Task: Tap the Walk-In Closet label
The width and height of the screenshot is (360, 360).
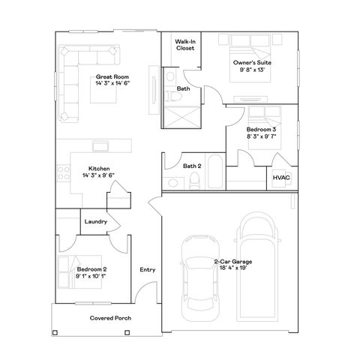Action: [x=185, y=44]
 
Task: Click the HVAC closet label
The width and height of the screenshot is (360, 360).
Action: [x=280, y=178]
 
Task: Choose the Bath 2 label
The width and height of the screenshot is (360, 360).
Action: [x=192, y=166]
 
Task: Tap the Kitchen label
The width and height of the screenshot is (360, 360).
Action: [x=99, y=169]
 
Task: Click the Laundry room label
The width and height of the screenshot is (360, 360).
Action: [x=95, y=222]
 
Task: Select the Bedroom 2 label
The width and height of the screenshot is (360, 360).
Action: [x=91, y=269]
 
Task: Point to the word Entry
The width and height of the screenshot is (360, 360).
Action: [x=147, y=270]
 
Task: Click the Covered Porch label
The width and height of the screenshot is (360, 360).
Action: [x=110, y=318]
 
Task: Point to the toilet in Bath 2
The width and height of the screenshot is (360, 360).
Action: [x=193, y=181]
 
